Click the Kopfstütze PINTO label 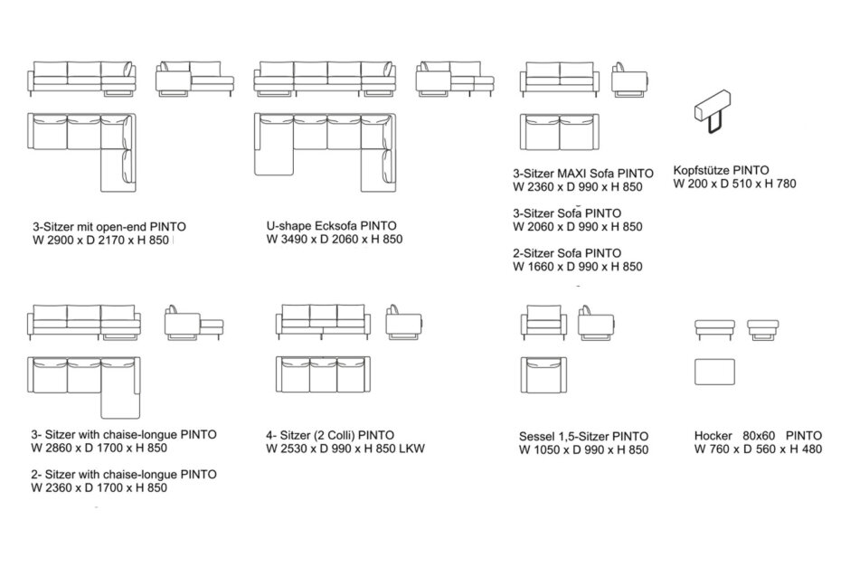(x=721, y=169)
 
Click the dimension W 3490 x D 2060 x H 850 (x=334, y=240)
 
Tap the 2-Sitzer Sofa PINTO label (x=566, y=253)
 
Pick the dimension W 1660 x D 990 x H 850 (x=577, y=267)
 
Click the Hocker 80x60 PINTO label (x=758, y=435)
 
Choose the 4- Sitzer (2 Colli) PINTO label (x=330, y=435)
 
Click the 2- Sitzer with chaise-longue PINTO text (x=123, y=474)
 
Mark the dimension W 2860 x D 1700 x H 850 (x=99, y=448)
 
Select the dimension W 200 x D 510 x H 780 (x=734, y=183)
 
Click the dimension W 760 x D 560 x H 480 (x=758, y=449)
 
